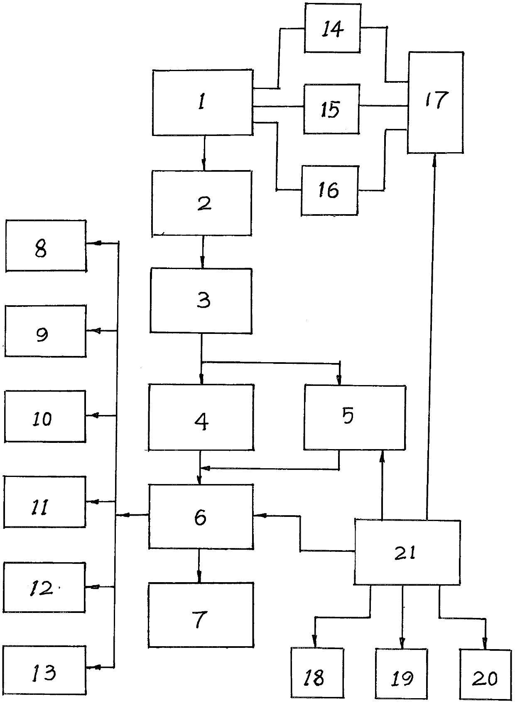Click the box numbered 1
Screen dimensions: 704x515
203,103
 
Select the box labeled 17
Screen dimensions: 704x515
436,102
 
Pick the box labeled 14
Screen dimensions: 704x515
333,28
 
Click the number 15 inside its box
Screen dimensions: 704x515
331,109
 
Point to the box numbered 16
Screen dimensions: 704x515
330,190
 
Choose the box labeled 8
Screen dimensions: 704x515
46,246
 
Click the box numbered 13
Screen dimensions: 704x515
45,672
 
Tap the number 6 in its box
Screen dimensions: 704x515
200,517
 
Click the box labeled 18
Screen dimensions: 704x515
317,677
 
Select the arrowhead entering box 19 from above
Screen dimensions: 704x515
402,642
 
